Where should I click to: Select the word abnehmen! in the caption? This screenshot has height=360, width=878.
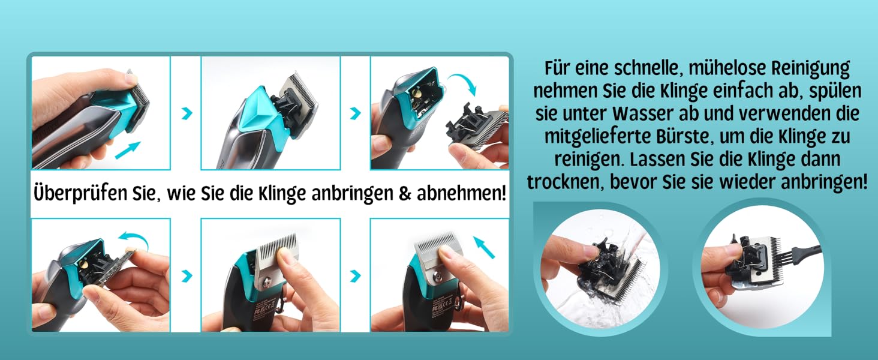pos(461,193)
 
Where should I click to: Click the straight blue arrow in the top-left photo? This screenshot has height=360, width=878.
pos(127,150)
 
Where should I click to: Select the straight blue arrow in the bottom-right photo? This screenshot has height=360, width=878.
pos(484,247)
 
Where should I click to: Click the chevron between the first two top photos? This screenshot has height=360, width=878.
pos(187,113)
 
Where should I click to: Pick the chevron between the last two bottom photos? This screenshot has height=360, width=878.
pos(355,276)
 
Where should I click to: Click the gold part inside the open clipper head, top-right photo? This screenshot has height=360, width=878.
pos(416,94)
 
